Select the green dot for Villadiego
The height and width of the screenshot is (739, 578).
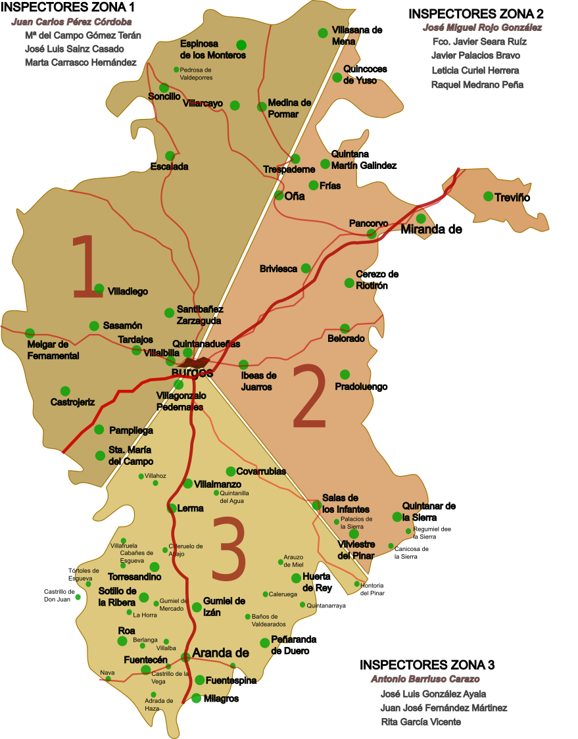pyautogui.click(x=99, y=289)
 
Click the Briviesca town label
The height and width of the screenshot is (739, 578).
pyautogui.click(x=278, y=269)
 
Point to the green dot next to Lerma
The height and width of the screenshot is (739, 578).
pyautogui.click(x=173, y=508)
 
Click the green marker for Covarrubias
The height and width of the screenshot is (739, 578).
pyautogui.click(x=231, y=471)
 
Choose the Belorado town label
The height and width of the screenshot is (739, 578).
pyautogui.click(x=346, y=339)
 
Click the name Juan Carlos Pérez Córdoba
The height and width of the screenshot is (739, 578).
pyautogui.click(x=72, y=22)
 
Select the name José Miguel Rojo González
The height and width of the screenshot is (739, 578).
pyautogui.click(x=483, y=28)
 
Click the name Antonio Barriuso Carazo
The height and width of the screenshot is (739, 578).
pyautogui.click(x=425, y=679)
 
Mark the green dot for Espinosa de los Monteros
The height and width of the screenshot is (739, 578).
pyautogui.click(x=241, y=45)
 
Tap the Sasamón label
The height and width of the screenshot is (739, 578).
pyautogui.click(x=122, y=326)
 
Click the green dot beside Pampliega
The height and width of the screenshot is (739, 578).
pyautogui.click(x=99, y=429)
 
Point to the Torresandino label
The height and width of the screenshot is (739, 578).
pyautogui.click(x=134, y=577)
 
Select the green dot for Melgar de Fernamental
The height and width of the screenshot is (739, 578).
pyautogui.click(x=30, y=333)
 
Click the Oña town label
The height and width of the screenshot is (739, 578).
pyautogui.click(x=295, y=196)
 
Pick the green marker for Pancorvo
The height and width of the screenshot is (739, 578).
pyautogui.click(x=372, y=233)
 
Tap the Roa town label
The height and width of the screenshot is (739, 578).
pyautogui.click(x=126, y=631)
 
